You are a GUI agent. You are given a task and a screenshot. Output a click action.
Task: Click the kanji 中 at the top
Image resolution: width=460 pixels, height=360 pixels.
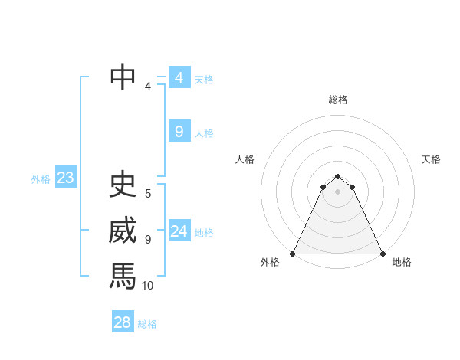[x=123, y=77]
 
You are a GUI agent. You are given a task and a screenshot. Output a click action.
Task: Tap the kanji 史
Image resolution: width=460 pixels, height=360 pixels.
[x=123, y=185]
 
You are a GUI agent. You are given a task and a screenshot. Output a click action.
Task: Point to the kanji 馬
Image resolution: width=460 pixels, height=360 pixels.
[x=123, y=275]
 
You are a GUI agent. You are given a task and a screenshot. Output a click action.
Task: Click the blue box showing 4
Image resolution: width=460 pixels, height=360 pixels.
[x=179, y=78]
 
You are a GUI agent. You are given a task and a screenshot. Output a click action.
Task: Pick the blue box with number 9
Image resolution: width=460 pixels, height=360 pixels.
[x=179, y=132]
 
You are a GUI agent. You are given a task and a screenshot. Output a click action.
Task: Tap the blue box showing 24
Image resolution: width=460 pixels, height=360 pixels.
[x=179, y=231]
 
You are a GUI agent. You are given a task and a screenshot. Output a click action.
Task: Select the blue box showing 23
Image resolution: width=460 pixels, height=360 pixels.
[x=65, y=178]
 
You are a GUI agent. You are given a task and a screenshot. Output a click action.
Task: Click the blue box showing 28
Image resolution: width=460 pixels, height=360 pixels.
[x=122, y=322]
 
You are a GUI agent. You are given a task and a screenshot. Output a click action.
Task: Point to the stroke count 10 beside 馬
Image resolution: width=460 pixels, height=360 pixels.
[x=148, y=286]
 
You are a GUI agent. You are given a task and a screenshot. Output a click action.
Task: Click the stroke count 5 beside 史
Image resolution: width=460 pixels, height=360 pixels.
[x=148, y=194]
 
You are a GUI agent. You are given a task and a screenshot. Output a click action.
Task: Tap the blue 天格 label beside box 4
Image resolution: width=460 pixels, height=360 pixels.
[x=204, y=79]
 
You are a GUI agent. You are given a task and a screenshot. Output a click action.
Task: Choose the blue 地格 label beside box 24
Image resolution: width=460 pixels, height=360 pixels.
[x=204, y=232]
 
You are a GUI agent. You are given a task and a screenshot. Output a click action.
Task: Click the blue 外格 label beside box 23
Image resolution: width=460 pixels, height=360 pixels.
[x=41, y=179]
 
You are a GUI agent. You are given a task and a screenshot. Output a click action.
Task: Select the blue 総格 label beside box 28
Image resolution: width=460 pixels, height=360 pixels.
[x=147, y=323]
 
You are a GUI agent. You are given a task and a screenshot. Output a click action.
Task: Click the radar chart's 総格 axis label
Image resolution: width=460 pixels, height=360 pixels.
[x=338, y=100]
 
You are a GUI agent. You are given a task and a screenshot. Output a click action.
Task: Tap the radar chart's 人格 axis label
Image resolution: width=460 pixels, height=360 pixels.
[x=245, y=159]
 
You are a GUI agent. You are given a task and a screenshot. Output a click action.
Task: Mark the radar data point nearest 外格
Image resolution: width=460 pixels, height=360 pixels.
[x=294, y=254]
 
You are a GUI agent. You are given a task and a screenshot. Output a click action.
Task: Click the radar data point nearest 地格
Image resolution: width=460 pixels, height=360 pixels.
[x=382, y=254]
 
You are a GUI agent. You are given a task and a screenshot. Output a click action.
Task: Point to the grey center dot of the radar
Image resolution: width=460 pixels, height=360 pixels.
[x=337, y=191]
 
